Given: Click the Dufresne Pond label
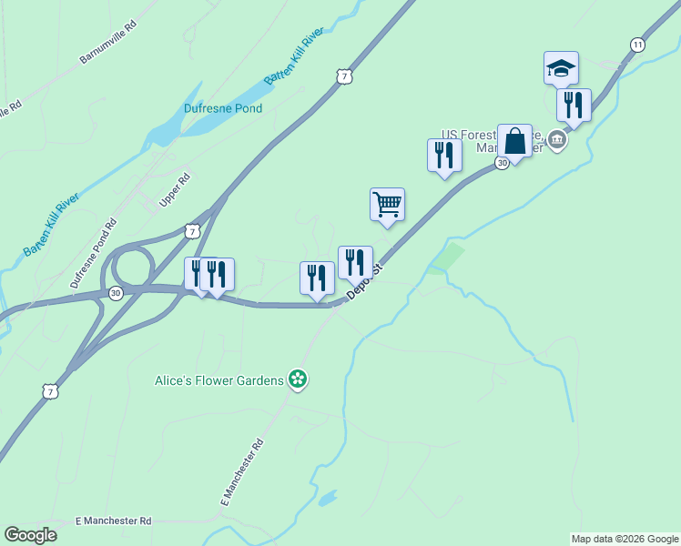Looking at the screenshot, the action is click(223, 108).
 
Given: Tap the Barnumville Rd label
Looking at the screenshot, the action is click(107, 43).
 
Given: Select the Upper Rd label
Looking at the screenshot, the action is click(174, 189).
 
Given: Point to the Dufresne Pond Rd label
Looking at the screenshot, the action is click(95, 253).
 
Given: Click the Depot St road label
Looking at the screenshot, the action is click(366, 281).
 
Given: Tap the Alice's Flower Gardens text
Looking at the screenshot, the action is click(219, 380).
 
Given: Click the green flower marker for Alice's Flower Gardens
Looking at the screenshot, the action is click(297, 379).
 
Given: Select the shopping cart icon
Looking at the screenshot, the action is click(387, 205).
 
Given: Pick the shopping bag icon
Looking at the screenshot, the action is click(514, 141).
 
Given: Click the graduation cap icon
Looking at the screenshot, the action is click(561, 67).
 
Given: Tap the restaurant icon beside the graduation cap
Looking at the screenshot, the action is click(574, 105).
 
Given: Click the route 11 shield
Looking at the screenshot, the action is click(637, 45).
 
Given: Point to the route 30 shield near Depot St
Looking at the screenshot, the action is click(502, 162).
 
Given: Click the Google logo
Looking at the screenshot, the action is click(31, 535).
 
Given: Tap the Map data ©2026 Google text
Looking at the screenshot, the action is click(625, 539).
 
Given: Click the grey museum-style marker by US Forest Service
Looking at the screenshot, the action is click(558, 142).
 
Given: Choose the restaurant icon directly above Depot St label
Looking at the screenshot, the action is click(354, 263).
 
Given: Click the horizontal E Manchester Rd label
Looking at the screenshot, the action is click(113, 521).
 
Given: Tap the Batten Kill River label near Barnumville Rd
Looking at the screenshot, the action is click(294, 56).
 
